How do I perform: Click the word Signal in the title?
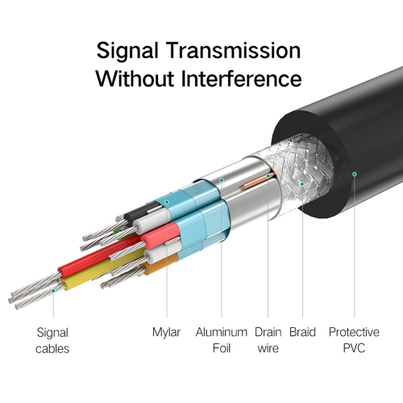[127, 52]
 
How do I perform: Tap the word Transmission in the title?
[233, 50]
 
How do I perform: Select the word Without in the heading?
[135, 78]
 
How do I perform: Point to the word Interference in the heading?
[241, 78]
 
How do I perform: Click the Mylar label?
[166, 333]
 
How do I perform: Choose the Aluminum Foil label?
[222, 340]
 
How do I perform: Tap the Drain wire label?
[268, 340]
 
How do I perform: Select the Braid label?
[302, 332]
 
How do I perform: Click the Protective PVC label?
[354, 340]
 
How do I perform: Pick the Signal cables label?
[52, 341]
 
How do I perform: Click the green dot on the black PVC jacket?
[355, 174]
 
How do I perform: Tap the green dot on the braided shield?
[302, 184]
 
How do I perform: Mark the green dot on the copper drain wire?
[268, 176]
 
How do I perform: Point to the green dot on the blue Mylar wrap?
[167, 202]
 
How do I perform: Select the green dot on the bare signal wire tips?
[53, 291]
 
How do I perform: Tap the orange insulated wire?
[160, 264]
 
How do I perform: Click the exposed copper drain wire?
[257, 181]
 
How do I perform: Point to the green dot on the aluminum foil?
[222, 180]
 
